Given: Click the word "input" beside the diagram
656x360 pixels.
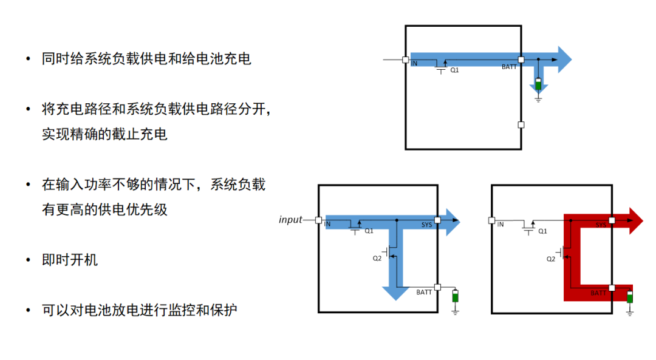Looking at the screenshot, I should (290, 220).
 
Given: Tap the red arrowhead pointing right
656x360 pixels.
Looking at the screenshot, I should (635, 220).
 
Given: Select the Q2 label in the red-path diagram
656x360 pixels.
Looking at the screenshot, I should (551, 259).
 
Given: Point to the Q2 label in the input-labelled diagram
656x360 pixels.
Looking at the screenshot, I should (377, 258).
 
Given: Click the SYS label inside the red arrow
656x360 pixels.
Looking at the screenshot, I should (601, 225).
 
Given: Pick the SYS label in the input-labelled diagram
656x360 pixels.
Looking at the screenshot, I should (426, 225).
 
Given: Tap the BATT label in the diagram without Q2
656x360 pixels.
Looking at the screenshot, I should (509, 67).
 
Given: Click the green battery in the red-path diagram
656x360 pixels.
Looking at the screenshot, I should (630, 297).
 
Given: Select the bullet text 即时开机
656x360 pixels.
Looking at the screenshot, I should (70, 260).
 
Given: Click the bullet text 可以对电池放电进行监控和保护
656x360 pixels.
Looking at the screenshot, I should (139, 310).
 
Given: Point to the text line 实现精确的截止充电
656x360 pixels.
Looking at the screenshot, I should (104, 134).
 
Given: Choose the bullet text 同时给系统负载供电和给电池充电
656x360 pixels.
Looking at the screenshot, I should (146, 59).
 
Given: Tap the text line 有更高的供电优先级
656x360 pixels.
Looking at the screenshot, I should (104, 210).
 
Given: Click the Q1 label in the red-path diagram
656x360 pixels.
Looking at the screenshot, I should (543, 231).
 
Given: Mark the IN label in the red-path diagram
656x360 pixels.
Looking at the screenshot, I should (501, 225).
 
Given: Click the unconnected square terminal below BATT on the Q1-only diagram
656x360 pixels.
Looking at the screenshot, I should (521, 124).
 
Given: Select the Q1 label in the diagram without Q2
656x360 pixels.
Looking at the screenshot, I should (454, 70).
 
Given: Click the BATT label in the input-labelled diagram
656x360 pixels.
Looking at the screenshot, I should (424, 293).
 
